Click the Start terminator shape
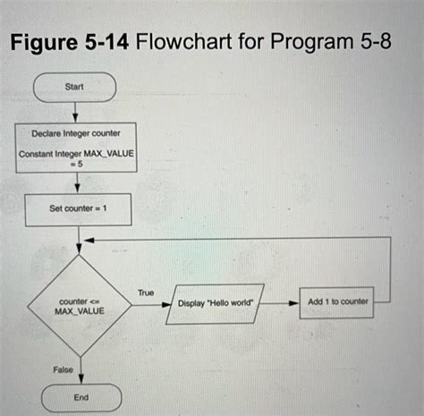[x=75, y=88]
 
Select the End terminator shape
[x=80, y=396]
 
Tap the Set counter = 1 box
[x=79, y=209]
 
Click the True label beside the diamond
[x=146, y=293]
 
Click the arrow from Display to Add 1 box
[x=284, y=303]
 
